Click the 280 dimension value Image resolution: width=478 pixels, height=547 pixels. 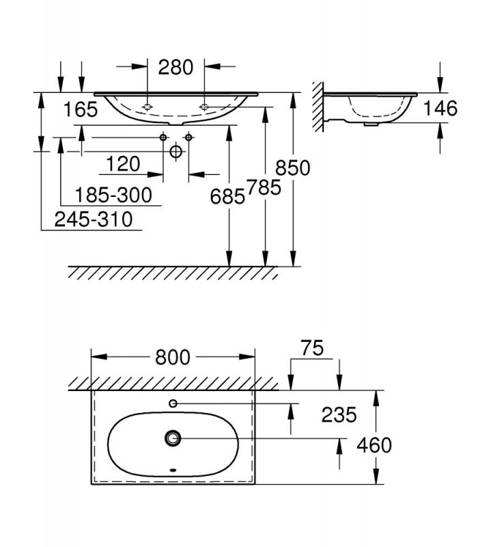[175, 67]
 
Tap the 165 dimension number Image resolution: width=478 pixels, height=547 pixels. [81, 109]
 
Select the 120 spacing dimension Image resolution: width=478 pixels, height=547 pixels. [123, 164]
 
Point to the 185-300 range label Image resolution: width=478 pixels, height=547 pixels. [113, 195]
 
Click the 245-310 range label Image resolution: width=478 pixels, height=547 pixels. [94, 219]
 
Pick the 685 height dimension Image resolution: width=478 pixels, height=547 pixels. [227, 197]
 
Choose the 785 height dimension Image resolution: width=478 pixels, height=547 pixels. [264, 187]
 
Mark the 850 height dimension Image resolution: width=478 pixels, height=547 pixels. [293, 168]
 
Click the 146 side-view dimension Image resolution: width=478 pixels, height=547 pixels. [440, 108]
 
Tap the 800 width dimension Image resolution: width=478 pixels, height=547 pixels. [173, 357]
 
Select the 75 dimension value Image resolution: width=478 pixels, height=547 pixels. [312, 348]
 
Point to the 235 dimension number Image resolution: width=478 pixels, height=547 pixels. [339, 415]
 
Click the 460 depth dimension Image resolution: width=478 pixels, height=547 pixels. [374, 446]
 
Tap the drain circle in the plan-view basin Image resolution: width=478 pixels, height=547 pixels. [173, 438]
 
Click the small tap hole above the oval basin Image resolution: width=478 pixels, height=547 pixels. [173, 403]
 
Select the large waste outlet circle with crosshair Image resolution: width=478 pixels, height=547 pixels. [176, 151]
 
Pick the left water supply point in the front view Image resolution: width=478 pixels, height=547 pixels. [163, 137]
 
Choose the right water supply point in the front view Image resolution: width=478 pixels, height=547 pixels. [189, 137]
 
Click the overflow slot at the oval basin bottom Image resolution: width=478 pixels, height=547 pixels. [173, 470]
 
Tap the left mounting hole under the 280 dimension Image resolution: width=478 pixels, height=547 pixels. [147, 107]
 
